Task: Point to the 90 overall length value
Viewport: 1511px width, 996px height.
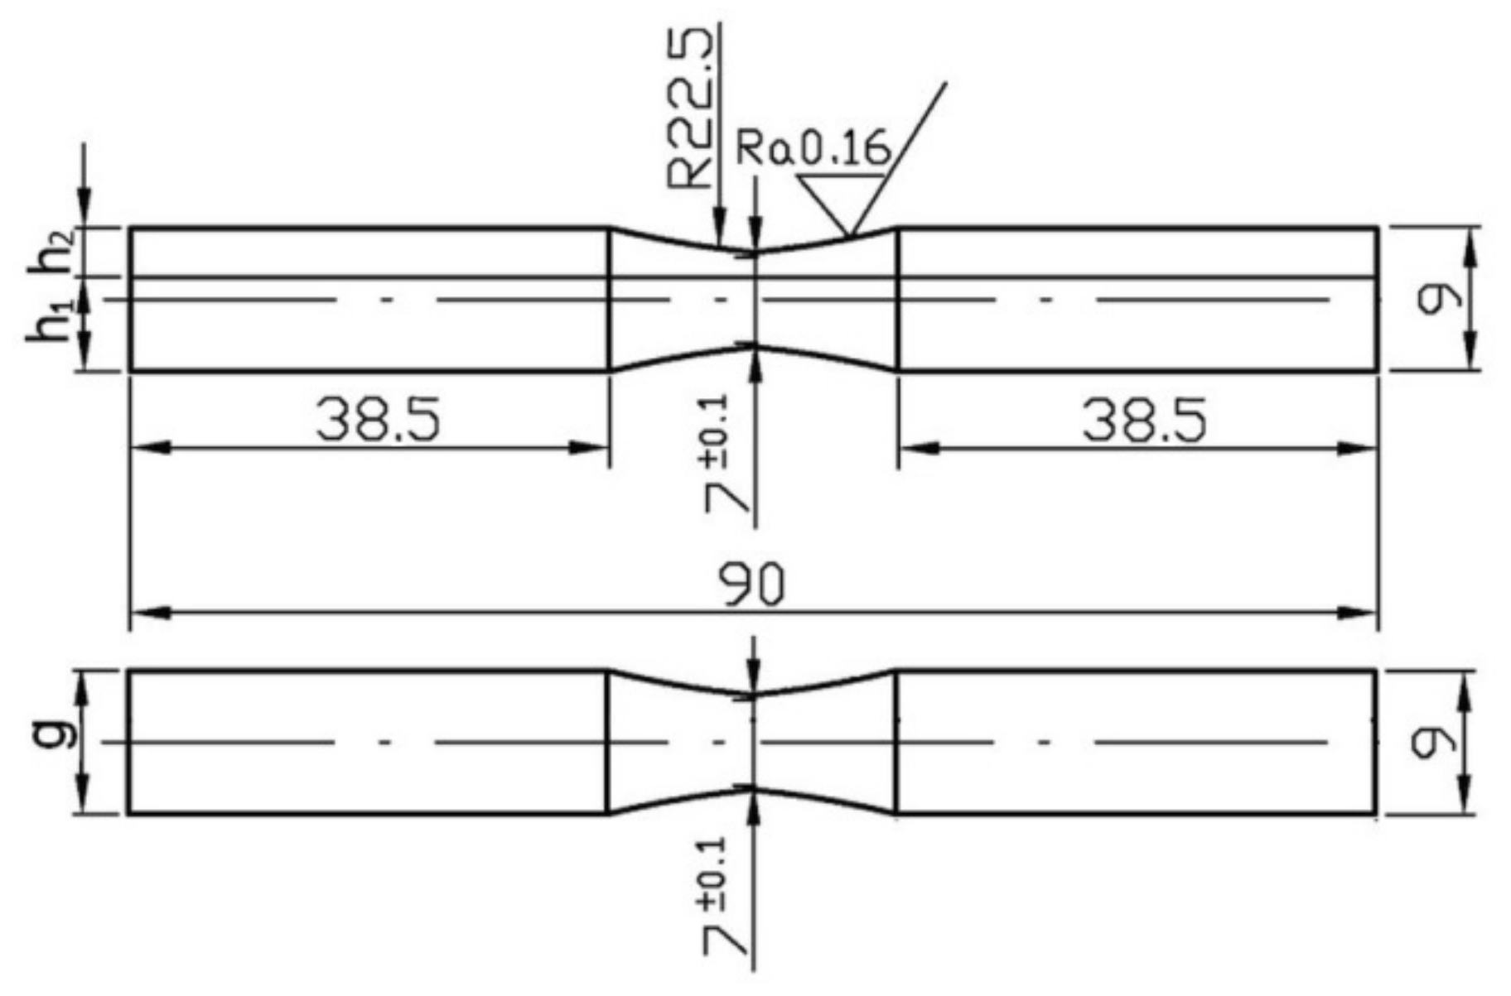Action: (751, 585)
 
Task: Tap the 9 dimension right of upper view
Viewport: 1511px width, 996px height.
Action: (1431, 300)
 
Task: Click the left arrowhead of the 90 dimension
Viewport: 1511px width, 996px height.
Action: (149, 613)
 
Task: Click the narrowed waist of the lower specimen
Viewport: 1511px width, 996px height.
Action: (752, 742)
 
